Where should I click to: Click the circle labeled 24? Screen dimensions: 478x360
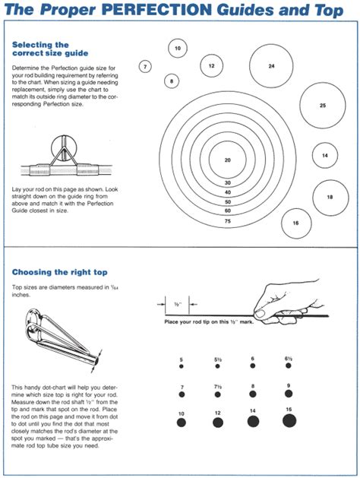tap(271, 66)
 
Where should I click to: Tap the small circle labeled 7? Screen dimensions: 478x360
tap(145, 67)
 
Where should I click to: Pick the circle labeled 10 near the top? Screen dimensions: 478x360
tap(178, 49)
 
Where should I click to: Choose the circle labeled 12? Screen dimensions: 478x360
tap(212, 66)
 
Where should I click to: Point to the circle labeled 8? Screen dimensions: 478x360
tap(172, 81)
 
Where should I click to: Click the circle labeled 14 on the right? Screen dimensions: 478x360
tap(325, 156)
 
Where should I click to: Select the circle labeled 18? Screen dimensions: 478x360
tap(330, 197)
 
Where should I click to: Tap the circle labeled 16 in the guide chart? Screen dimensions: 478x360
tap(295, 223)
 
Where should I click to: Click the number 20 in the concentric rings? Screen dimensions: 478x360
tap(227, 160)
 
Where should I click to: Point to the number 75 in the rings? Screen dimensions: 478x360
tap(227, 220)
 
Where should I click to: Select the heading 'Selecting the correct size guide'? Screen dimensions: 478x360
tap(50, 50)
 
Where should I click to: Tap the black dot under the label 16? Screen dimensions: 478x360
tap(289, 420)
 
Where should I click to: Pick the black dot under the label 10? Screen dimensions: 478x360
tap(181, 422)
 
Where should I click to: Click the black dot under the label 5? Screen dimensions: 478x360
tap(181, 366)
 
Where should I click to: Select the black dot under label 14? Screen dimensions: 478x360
tap(252, 421)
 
